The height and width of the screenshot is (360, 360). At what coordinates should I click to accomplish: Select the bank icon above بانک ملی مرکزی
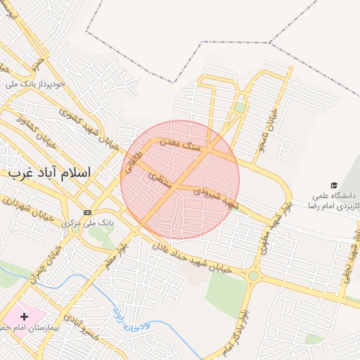tap(87, 212)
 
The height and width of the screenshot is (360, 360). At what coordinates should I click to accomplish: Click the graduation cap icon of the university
tap(333, 184)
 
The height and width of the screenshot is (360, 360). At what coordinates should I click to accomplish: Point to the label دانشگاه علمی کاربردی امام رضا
tap(333, 201)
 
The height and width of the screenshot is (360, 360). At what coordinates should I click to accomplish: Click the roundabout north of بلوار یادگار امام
tap(252, 276)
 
